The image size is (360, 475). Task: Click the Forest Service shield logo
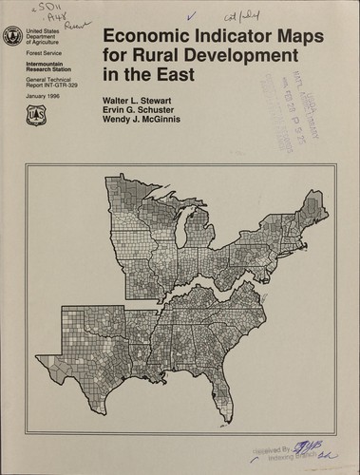tap(37, 117)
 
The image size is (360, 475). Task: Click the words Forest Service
tap(39, 55)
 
